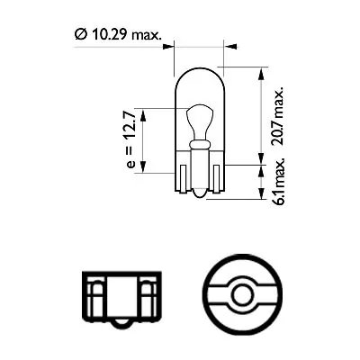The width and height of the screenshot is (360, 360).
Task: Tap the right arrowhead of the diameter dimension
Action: (x=220, y=43)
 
